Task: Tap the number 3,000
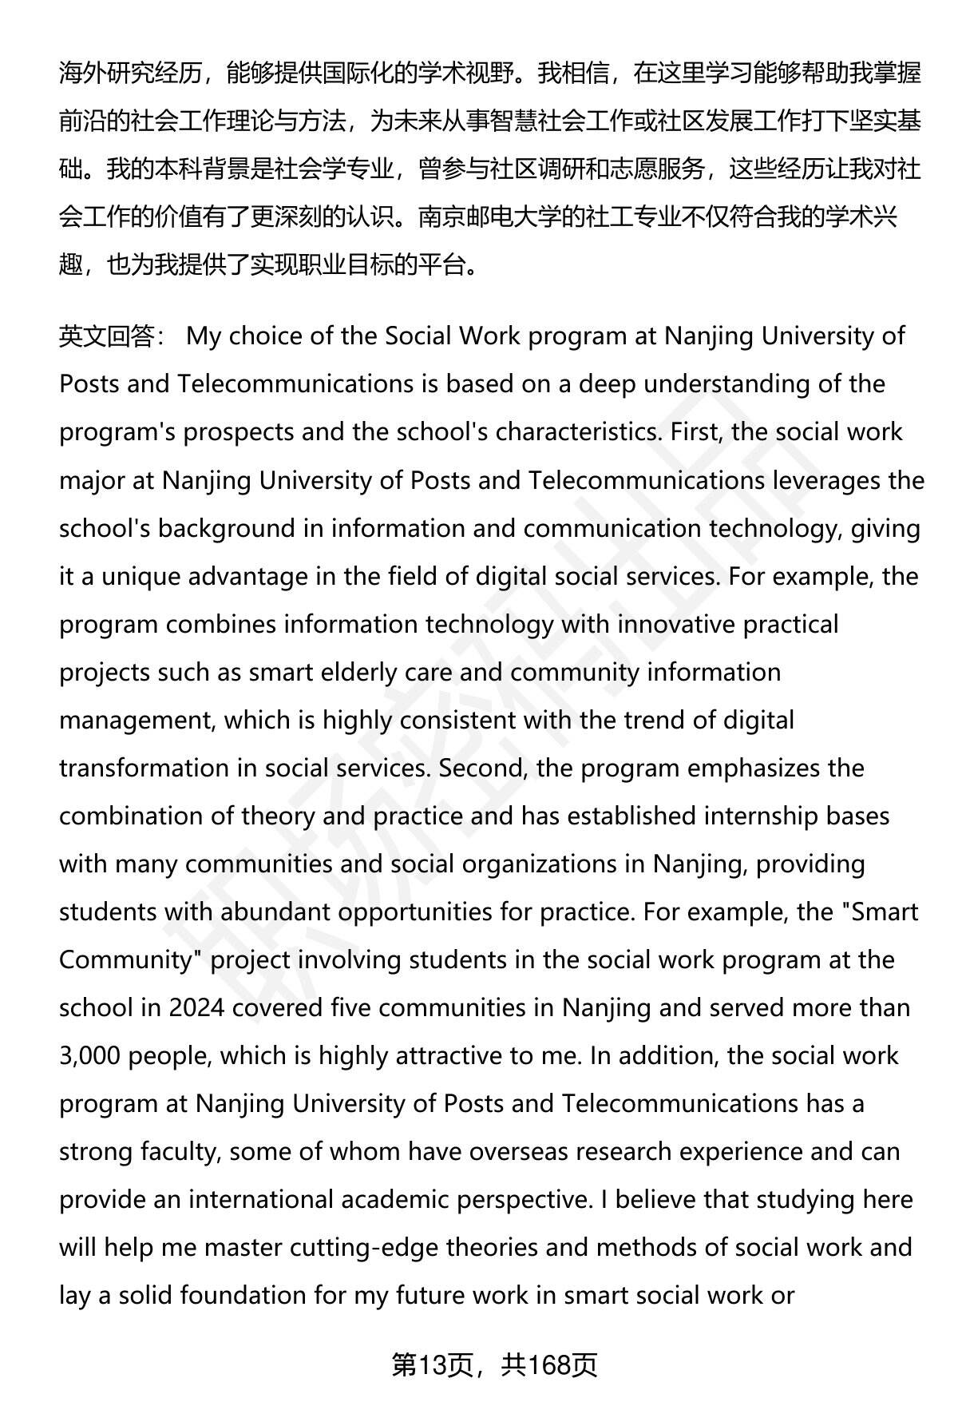(90, 1055)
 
